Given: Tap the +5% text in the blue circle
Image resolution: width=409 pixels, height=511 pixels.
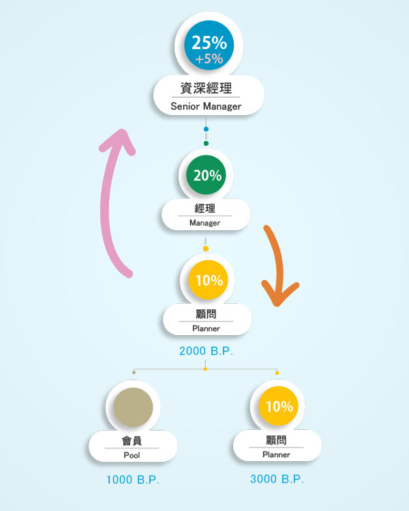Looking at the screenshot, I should (209, 59).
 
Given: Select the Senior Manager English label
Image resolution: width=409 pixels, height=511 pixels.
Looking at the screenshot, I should (206, 106).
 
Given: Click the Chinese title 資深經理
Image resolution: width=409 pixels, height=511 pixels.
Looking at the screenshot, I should (206, 88).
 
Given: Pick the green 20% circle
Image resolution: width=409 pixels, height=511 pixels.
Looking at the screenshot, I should (207, 175).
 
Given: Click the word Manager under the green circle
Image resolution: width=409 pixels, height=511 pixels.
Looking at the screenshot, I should (205, 223).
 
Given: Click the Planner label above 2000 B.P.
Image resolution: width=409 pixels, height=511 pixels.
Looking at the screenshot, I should (206, 328).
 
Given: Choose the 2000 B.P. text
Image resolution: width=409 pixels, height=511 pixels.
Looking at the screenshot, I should (206, 352).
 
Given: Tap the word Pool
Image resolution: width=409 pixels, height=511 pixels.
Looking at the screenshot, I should (132, 454).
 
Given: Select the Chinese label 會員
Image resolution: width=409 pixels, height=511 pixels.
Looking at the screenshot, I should (132, 440).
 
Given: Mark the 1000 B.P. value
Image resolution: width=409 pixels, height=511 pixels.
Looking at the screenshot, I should (132, 480).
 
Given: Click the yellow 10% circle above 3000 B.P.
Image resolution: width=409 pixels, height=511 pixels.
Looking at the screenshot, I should (278, 407).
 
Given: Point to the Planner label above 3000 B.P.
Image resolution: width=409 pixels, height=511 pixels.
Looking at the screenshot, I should (277, 454).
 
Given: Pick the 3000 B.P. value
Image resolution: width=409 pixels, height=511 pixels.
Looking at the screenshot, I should (277, 479).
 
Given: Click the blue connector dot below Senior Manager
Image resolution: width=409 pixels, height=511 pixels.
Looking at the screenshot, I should (206, 129).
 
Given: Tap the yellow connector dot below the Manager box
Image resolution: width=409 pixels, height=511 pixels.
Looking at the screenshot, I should (206, 249).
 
